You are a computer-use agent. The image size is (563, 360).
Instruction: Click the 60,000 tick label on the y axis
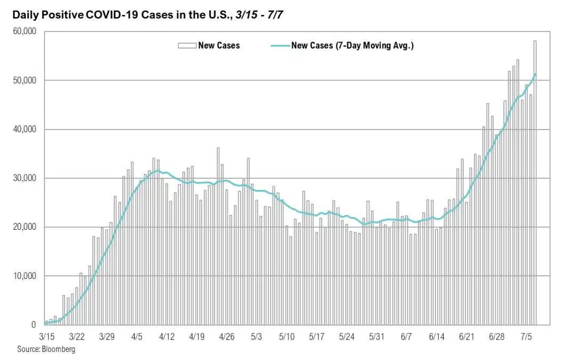point(23,31)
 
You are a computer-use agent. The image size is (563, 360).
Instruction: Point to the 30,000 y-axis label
point(23,178)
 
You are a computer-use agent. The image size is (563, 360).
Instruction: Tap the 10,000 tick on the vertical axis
point(23,276)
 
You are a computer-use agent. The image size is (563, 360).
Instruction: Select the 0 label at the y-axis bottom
point(33,324)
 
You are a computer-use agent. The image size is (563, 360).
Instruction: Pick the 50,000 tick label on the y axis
point(23,81)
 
